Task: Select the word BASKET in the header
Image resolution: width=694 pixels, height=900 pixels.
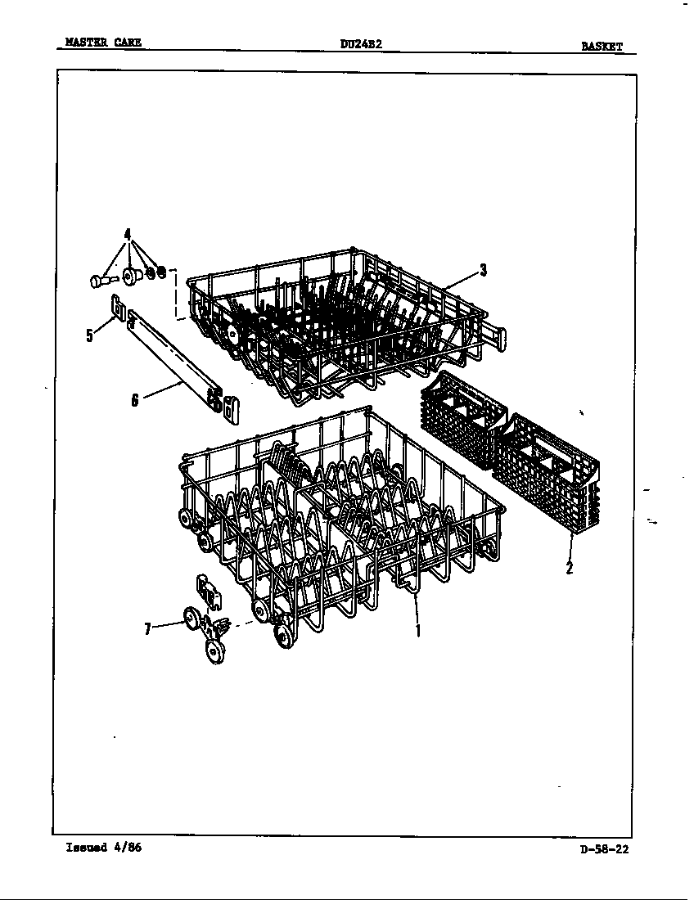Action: pyautogui.click(x=602, y=47)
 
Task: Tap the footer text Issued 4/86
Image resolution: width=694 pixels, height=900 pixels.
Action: pyautogui.click(x=104, y=847)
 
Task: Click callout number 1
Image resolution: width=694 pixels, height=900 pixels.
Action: pyautogui.click(x=418, y=630)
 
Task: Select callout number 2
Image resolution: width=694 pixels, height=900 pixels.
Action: pyautogui.click(x=569, y=568)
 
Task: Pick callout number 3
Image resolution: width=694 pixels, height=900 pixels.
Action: pyautogui.click(x=484, y=269)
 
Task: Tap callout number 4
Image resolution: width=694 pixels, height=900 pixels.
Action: pyautogui.click(x=128, y=234)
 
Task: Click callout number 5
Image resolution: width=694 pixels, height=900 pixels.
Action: pyautogui.click(x=89, y=335)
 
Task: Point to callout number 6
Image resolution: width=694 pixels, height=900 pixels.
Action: pyautogui.click(x=135, y=399)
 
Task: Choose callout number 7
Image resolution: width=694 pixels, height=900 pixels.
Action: pyautogui.click(x=147, y=629)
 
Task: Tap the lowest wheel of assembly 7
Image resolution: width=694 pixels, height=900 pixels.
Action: pyautogui.click(x=216, y=651)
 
